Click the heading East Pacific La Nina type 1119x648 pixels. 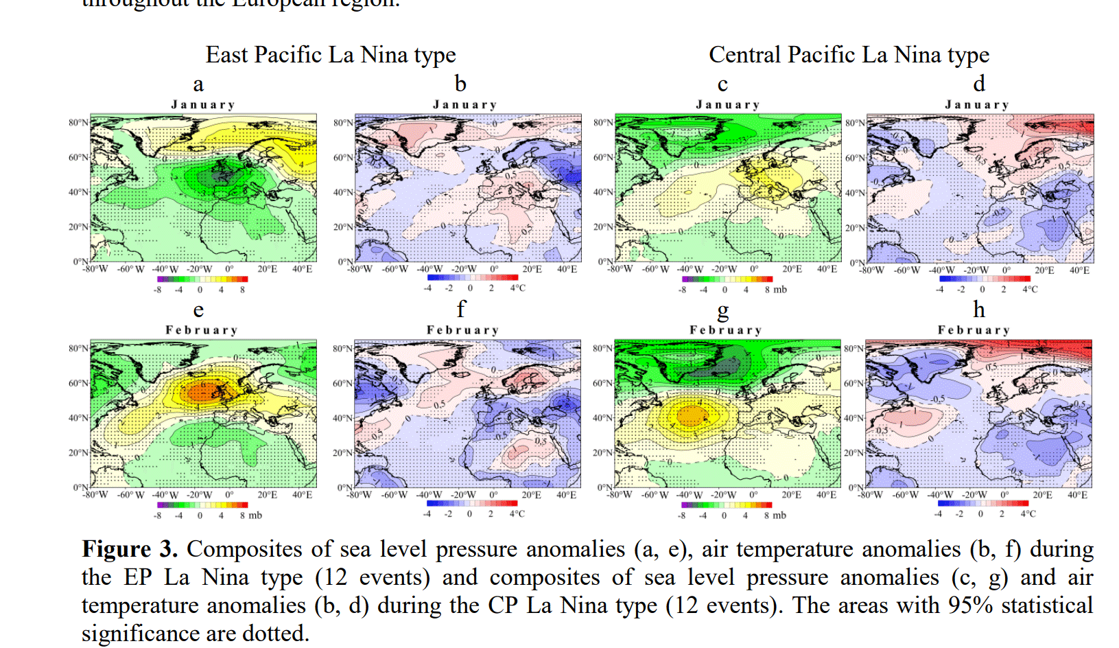[330, 55]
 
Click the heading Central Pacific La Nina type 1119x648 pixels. [849, 55]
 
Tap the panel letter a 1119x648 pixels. [198, 84]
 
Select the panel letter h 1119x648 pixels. [979, 310]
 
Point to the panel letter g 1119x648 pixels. [722, 311]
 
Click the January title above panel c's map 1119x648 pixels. [728, 105]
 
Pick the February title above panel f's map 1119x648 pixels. [462, 330]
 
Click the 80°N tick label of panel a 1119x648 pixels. [78, 123]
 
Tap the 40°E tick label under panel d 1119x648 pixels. [1079, 270]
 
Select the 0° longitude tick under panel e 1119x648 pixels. [229, 495]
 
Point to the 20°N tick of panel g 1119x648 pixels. [602, 453]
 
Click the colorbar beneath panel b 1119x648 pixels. [472, 277]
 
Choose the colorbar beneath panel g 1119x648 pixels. [726, 505]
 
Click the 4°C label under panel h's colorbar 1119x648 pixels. [1028, 514]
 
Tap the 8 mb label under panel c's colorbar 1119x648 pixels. [775, 290]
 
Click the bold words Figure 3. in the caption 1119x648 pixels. [130, 549]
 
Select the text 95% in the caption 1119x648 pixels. [970, 605]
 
